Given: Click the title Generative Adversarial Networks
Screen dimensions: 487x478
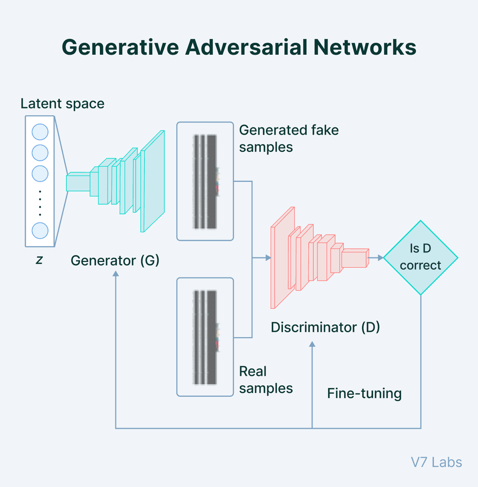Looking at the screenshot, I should point(239,48).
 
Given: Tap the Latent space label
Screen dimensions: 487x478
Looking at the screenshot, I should point(62,104).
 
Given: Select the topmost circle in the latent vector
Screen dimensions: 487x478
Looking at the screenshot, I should point(40,132).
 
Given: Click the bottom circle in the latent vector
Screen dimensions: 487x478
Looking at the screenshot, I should point(40,231).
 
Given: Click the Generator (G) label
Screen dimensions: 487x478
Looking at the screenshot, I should point(115,261).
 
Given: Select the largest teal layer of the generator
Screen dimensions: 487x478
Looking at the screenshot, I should point(153,181).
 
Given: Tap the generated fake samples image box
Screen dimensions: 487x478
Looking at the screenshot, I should point(205,181).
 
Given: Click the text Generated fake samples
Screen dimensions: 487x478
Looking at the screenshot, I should point(288,138).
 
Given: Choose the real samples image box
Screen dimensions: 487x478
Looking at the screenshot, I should point(205,337).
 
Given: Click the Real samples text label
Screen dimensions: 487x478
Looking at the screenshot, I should point(265,380).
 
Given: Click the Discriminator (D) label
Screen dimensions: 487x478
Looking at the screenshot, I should point(325,327).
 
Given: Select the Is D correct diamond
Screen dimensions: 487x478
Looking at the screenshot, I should point(420,258).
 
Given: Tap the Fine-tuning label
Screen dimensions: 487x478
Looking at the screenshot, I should point(364,394).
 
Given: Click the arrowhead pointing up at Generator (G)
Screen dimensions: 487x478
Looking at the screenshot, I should point(116,275).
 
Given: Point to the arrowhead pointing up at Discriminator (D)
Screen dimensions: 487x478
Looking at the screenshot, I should point(312,344).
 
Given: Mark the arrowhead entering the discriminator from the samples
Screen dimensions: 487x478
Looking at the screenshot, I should point(268,258).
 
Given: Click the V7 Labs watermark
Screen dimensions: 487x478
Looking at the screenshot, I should point(436,462).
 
